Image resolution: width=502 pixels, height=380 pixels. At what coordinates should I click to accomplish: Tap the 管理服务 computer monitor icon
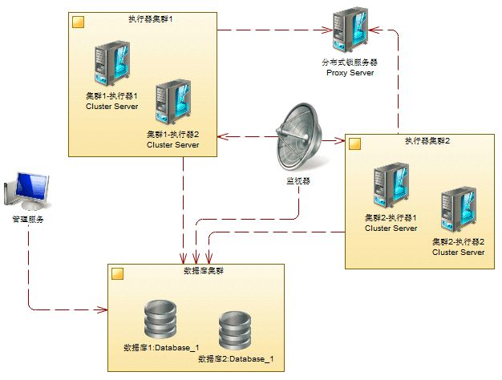click(x=27, y=189)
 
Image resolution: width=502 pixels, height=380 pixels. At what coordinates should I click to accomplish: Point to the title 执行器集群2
click(x=427, y=141)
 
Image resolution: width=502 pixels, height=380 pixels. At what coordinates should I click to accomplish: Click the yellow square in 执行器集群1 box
click(x=78, y=22)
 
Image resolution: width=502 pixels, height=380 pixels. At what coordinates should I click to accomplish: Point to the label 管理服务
click(x=27, y=218)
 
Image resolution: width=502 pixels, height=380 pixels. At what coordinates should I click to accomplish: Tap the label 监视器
click(x=298, y=181)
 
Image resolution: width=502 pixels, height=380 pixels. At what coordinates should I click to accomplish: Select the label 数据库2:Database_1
click(x=237, y=358)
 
